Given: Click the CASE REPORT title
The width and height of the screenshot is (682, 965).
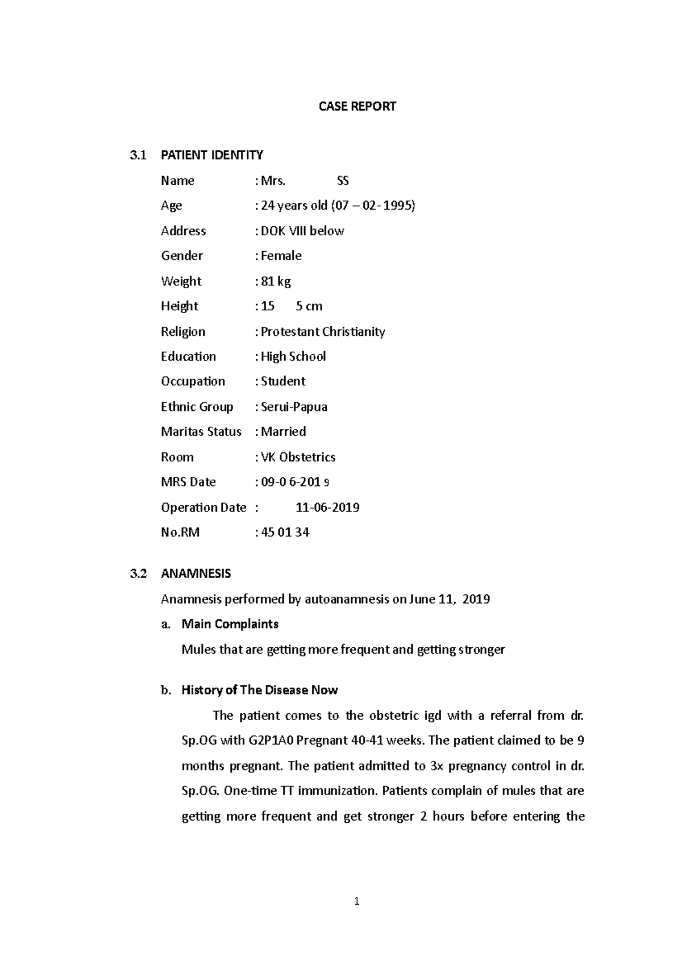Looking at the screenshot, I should click(357, 106).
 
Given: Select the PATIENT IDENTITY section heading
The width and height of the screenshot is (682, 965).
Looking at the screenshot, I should click(211, 155).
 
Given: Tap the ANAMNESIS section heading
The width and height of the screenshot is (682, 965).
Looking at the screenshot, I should click(196, 573).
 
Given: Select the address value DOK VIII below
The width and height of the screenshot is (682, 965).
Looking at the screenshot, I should click(302, 231).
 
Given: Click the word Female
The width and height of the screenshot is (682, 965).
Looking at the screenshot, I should click(281, 256).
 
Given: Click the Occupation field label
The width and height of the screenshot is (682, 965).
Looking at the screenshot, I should click(193, 381).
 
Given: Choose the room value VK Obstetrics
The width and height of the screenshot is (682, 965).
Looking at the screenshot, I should click(298, 457).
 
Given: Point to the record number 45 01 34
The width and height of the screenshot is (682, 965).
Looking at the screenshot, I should click(285, 533).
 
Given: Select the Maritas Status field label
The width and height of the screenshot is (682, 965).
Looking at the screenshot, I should click(201, 432).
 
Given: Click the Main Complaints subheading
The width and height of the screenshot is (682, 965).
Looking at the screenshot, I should click(230, 624).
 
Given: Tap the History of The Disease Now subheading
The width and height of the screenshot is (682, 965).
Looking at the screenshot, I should click(259, 690).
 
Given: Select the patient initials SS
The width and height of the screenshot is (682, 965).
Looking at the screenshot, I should click(343, 181).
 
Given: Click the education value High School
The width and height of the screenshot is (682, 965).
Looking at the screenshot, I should click(293, 357).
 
